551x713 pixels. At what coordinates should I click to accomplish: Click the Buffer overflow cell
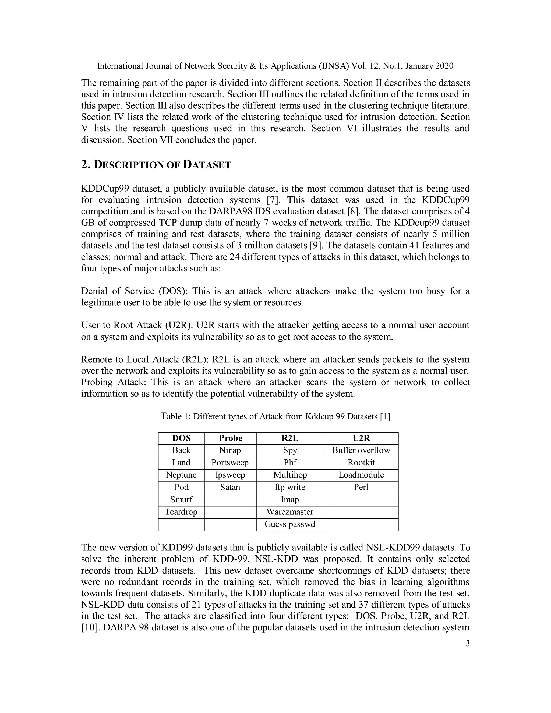pos(361,450)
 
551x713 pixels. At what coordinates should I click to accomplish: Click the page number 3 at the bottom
pos(467,644)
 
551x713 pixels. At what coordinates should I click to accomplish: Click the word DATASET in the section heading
pos(207,165)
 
